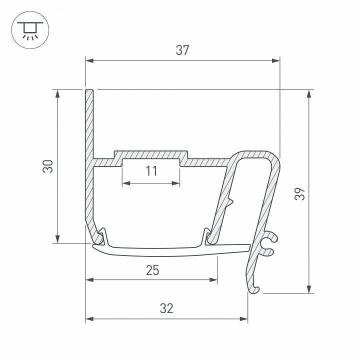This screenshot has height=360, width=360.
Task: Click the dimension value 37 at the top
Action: coord(182,50)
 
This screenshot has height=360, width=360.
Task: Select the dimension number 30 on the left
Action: coord(47,166)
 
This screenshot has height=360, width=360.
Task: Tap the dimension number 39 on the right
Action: coord(299,193)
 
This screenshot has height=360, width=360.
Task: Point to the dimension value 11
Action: coord(152,171)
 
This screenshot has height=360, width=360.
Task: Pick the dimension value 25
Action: coord(152,270)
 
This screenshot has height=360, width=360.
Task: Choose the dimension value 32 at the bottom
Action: coord(166,308)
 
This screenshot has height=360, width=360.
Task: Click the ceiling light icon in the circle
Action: coord(29,29)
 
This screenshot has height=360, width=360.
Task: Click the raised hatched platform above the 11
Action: coord(151,154)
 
